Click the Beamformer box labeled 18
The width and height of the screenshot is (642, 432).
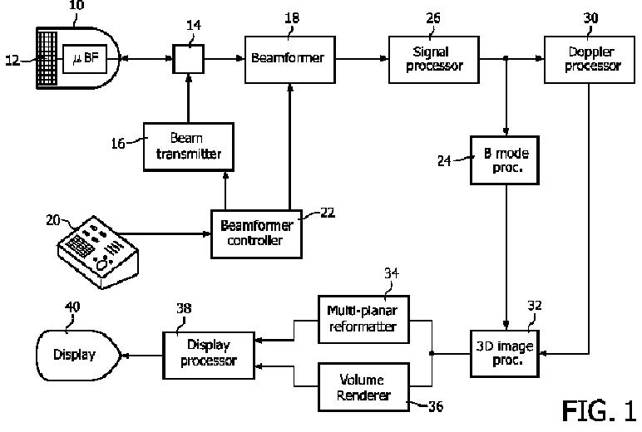coord(290,60)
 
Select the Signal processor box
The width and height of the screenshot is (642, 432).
coord(433,60)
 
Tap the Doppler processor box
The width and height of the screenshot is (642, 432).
coord(589,60)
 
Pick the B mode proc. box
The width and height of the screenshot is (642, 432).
coord(505,160)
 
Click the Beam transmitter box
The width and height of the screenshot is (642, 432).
coord(189,147)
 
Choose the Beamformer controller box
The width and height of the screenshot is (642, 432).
coord(256,234)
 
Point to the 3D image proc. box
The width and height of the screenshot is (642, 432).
coord(505,354)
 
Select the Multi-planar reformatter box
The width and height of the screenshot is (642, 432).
coord(363,320)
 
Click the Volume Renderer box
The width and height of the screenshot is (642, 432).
coord(363,387)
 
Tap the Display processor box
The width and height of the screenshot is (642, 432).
coord(209,355)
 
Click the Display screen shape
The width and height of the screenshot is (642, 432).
coord(79,355)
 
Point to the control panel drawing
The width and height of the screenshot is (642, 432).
coord(97,253)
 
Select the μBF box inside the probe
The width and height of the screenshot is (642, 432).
coord(84,59)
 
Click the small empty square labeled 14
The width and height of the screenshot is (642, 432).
coord(188,59)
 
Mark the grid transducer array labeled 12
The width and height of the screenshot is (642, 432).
coord(47,58)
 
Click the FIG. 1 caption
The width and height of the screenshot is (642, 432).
coord(599,410)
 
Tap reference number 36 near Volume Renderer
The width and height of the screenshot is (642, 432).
coord(435,406)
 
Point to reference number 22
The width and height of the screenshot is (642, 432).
coord(327,213)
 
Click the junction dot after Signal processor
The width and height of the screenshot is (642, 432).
coord(506,58)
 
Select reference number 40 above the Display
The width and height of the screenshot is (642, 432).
coord(72,307)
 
